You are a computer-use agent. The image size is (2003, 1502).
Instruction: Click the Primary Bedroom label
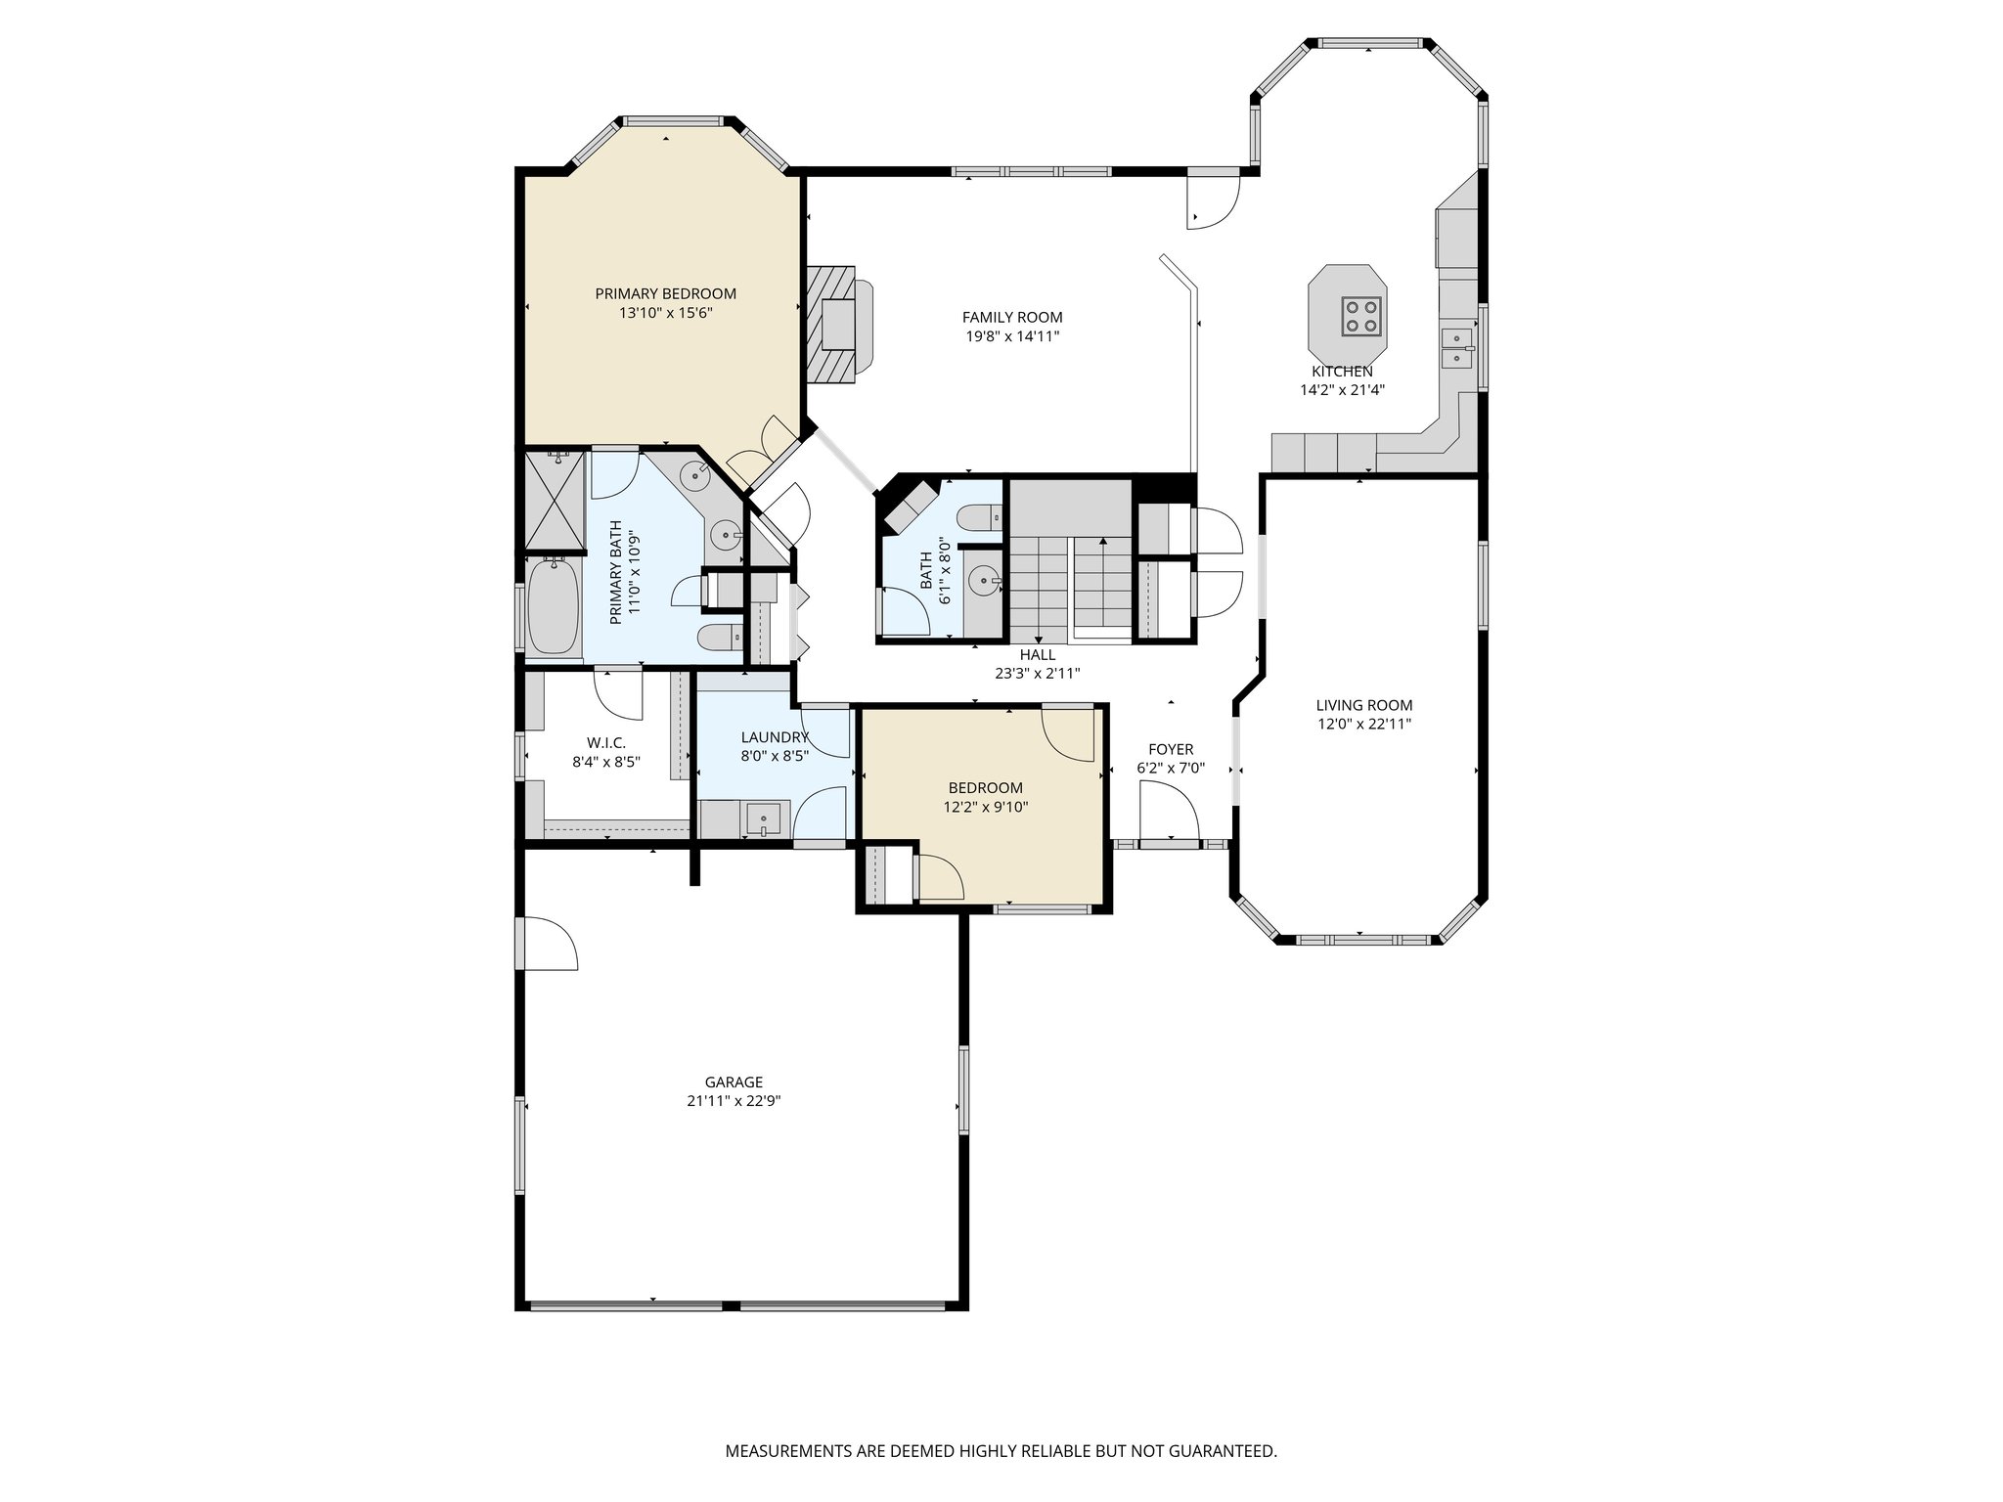pyautogui.click(x=665, y=293)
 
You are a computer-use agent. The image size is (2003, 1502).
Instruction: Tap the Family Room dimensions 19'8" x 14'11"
pyautogui.click(x=1012, y=336)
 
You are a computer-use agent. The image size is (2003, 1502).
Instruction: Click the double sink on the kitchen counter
pyautogui.click(x=1456, y=348)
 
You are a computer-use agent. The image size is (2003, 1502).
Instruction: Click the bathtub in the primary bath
pyautogui.click(x=553, y=605)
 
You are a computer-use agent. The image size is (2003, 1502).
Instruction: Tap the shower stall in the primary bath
pyautogui.click(x=553, y=500)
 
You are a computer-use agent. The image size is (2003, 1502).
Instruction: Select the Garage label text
pyautogui.click(x=734, y=1082)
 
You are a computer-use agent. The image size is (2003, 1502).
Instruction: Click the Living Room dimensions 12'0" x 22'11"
pyautogui.click(x=1363, y=725)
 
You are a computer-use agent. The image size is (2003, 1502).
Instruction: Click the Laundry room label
pyautogui.click(x=775, y=737)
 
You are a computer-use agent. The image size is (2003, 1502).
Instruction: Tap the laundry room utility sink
pyautogui.click(x=764, y=818)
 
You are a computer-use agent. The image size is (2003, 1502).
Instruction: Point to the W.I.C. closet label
pyautogui.click(x=606, y=743)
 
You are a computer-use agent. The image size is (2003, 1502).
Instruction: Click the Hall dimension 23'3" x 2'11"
pyautogui.click(x=1037, y=673)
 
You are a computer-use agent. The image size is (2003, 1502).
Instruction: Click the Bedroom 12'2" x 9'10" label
pyautogui.click(x=985, y=788)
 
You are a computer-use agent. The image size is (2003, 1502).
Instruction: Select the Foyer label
pyautogui.click(x=1170, y=750)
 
